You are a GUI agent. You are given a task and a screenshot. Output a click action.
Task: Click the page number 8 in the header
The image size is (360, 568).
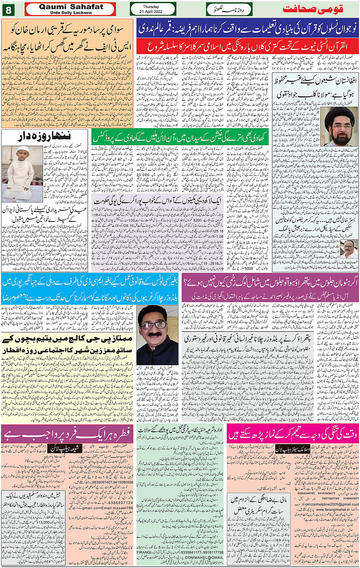pos(8,9)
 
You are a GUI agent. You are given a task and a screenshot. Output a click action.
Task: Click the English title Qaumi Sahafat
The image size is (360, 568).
pos(71,7)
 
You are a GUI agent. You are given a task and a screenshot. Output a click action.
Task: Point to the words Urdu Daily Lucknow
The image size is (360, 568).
pos(71,13)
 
